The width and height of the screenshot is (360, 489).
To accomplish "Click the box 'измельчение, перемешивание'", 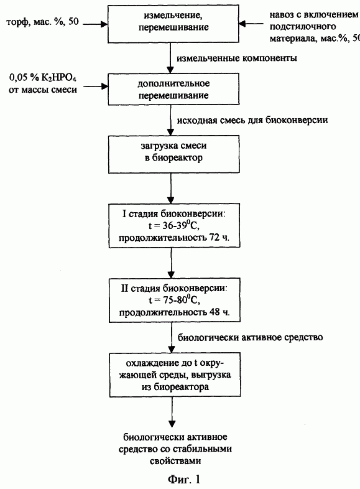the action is click(173, 24).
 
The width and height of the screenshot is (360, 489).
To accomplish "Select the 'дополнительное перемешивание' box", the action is click(173, 89).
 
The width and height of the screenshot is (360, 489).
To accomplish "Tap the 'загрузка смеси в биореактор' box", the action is click(173, 154).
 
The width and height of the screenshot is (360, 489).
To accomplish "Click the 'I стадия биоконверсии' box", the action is click(174, 226).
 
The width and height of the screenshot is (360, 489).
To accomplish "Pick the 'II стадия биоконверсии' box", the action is click(175, 300).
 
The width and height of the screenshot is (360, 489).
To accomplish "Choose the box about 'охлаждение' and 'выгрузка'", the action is click(175, 375).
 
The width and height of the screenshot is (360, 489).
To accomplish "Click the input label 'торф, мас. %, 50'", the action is click(43, 22).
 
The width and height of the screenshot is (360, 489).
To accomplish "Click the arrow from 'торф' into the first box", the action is click(95, 24).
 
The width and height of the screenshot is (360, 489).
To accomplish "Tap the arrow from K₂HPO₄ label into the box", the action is click(95, 86).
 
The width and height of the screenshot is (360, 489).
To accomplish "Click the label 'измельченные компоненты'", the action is click(237, 58).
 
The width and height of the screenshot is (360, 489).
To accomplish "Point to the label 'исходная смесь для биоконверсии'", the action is click(252, 120).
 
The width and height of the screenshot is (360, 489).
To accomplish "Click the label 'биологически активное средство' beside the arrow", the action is click(251, 337).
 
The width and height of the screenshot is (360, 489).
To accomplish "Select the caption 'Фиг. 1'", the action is click(184, 479).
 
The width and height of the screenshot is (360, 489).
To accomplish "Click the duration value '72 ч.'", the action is click(218, 238).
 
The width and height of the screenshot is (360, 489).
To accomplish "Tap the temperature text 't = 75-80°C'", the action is click(174, 300).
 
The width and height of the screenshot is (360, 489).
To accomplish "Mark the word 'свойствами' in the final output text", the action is click(175, 461).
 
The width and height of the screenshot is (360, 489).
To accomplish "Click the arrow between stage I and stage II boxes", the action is click(172, 263).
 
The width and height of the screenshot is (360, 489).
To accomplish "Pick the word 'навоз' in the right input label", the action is click(280, 15).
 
